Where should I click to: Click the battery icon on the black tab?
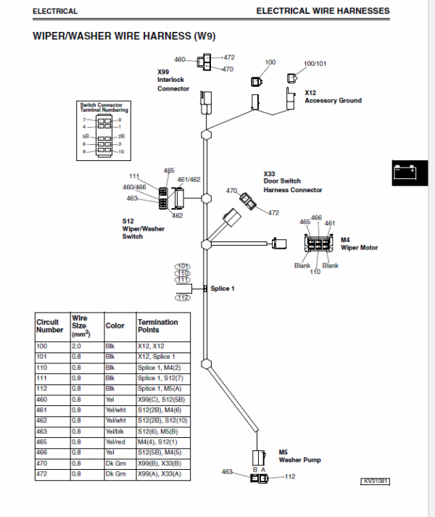[405, 173]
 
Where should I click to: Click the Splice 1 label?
[223, 289]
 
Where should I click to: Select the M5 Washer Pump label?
[299, 456]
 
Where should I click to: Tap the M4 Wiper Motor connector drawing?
[318, 244]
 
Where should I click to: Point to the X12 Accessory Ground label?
[333, 96]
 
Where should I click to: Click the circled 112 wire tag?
[183, 298]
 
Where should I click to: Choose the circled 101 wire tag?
[183, 266]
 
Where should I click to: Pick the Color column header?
[115, 326]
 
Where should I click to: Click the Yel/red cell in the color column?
[115, 442]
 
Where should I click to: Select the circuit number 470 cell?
[42, 463]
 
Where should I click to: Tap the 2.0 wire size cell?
[76, 346]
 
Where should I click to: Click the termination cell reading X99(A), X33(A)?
[159, 473]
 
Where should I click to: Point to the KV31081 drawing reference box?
[375, 481]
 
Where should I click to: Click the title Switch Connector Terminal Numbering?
[104, 107]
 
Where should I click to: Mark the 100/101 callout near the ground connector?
[315, 63]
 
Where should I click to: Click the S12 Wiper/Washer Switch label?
[143, 229]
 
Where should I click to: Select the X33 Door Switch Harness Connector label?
[292, 182]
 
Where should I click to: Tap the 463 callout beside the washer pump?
[227, 472]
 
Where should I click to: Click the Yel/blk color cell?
[115, 431]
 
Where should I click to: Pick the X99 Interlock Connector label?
[173, 80]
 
